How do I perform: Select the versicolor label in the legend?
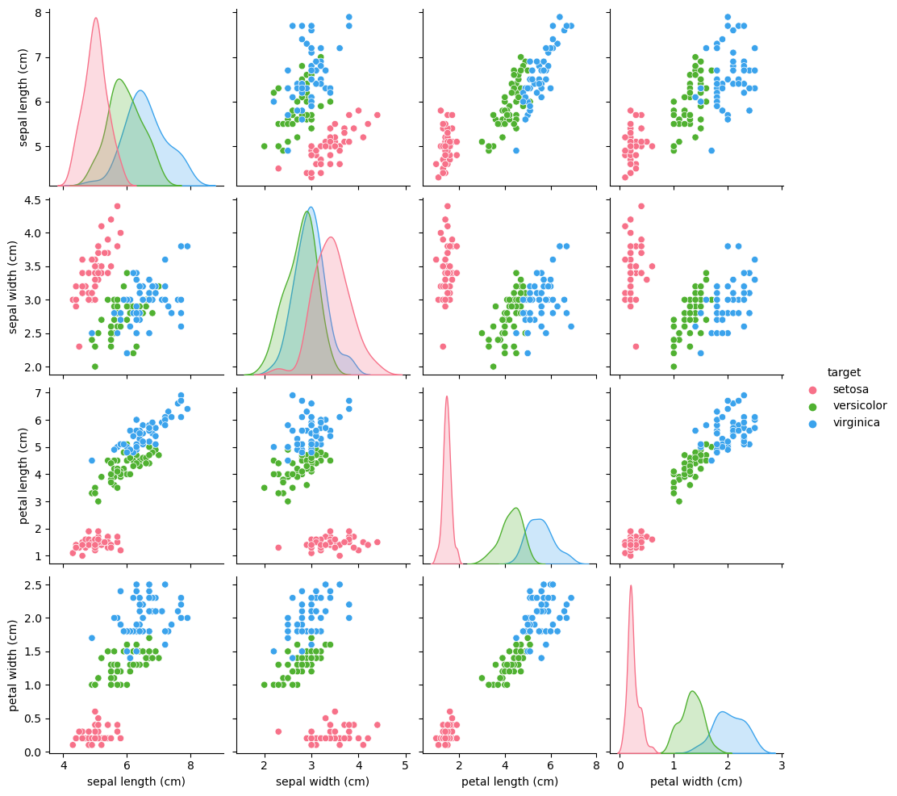[x=860, y=405]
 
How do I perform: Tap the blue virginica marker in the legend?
[x=813, y=422]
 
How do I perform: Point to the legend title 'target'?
[x=844, y=372]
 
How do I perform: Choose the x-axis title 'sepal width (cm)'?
[x=323, y=781]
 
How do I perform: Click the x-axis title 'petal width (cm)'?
[x=696, y=781]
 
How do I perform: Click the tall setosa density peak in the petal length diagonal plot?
[x=446, y=397]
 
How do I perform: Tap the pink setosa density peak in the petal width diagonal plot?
[x=631, y=587]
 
